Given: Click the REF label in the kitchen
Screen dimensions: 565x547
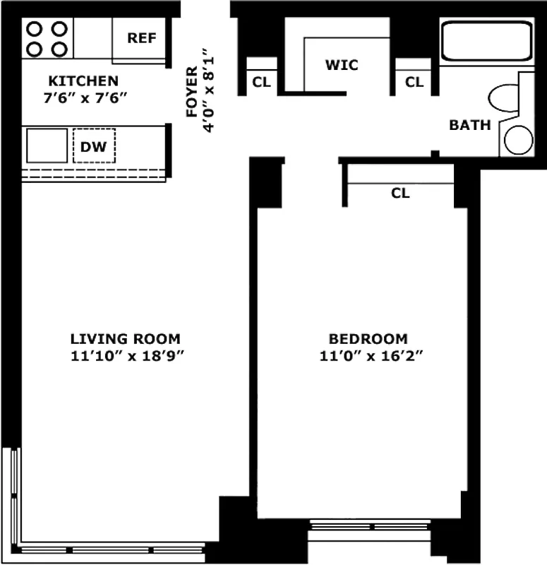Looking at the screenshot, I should (x=141, y=38).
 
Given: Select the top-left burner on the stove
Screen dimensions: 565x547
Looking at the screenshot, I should (x=35, y=29).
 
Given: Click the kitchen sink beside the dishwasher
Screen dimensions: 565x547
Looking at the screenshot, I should (x=47, y=145).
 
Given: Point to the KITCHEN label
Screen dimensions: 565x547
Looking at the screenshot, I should (x=83, y=81).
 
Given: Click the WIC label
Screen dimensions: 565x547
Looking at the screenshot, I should (x=342, y=65).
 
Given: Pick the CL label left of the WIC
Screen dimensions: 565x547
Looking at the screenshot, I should (x=261, y=82).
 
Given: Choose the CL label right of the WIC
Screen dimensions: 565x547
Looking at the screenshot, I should (x=414, y=82).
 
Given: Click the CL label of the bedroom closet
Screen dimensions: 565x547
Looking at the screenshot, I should (x=400, y=193).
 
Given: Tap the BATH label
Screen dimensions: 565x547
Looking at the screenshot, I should (x=470, y=126).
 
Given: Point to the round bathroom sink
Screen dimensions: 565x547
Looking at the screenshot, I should (x=519, y=140).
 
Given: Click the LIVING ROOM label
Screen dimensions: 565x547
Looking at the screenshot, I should (x=125, y=338).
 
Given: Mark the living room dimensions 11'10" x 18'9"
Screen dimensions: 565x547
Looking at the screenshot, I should (x=127, y=357).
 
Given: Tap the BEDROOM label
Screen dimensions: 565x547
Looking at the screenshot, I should (x=370, y=338).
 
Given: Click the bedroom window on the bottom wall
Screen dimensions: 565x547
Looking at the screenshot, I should (x=370, y=526).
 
